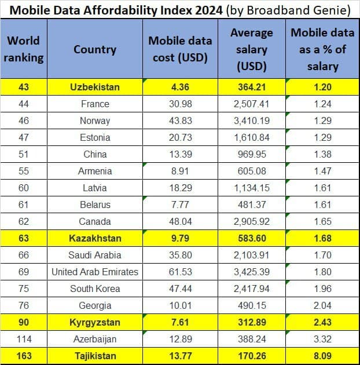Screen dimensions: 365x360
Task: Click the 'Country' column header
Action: pos(94,49)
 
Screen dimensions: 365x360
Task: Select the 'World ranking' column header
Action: pos(24,49)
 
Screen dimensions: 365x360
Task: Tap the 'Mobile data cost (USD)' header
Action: pos(180,49)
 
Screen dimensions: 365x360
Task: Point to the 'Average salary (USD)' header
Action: pos(252,49)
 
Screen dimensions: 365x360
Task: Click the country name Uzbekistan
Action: pos(94,87)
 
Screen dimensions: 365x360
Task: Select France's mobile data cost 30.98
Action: pos(180,104)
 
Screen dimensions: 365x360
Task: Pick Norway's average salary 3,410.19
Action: pos(252,121)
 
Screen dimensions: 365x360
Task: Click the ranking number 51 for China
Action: pos(24,154)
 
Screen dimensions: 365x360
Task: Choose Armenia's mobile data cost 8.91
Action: pos(180,171)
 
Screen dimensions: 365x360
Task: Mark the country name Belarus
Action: pos(94,205)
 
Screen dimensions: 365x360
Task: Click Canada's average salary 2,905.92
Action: pos(252,221)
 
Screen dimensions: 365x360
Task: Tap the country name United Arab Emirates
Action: pos(94,272)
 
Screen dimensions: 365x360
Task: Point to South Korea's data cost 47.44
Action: pos(180,289)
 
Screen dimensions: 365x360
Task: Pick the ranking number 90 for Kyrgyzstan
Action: pos(24,322)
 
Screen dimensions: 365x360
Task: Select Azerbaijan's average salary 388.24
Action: pos(252,339)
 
